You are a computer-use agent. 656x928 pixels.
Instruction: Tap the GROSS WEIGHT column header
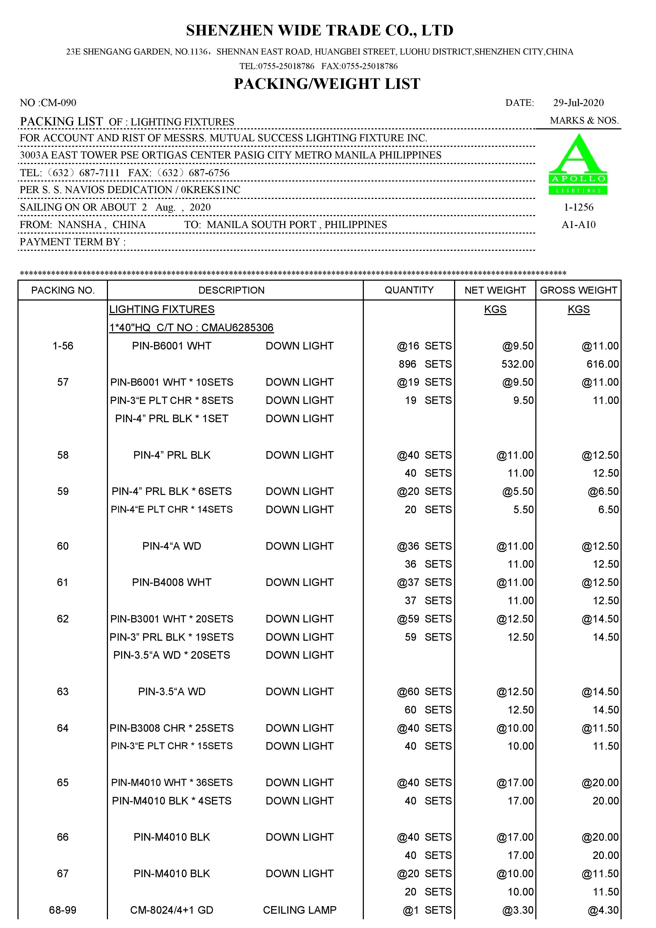tap(578, 290)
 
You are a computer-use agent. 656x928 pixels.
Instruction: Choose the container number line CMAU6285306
tap(192, 327)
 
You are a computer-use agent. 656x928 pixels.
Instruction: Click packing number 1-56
tap(63, 346)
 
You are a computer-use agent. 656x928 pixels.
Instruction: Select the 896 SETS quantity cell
tap(425, 364)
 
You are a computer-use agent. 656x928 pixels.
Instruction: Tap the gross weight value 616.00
tap(603, 364)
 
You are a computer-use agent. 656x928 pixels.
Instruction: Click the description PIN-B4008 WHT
tap(172, 583)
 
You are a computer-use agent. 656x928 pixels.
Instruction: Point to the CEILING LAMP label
tap(300, 910)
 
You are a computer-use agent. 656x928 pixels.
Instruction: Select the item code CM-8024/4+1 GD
tap(172, 910)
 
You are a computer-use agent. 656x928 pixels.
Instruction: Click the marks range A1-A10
tap(578, 225)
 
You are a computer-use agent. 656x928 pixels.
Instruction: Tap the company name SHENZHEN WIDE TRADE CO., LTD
tap(320, 30)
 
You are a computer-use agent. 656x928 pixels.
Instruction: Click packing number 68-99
tap(63, 910)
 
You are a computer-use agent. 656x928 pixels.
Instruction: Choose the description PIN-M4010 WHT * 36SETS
tap(172, 783)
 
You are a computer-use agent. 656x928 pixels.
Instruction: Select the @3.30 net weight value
tap(518, 910)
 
